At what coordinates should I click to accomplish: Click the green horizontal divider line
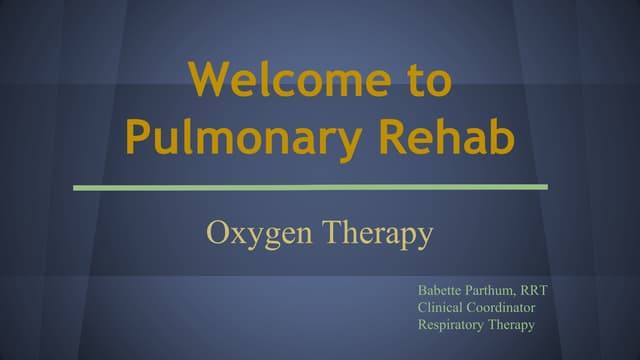tap(310, 187)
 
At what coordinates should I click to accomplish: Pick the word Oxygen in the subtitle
tap(250, 234)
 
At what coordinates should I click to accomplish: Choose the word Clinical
tap(441, 308)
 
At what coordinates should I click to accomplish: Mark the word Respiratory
tap(453, 325)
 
